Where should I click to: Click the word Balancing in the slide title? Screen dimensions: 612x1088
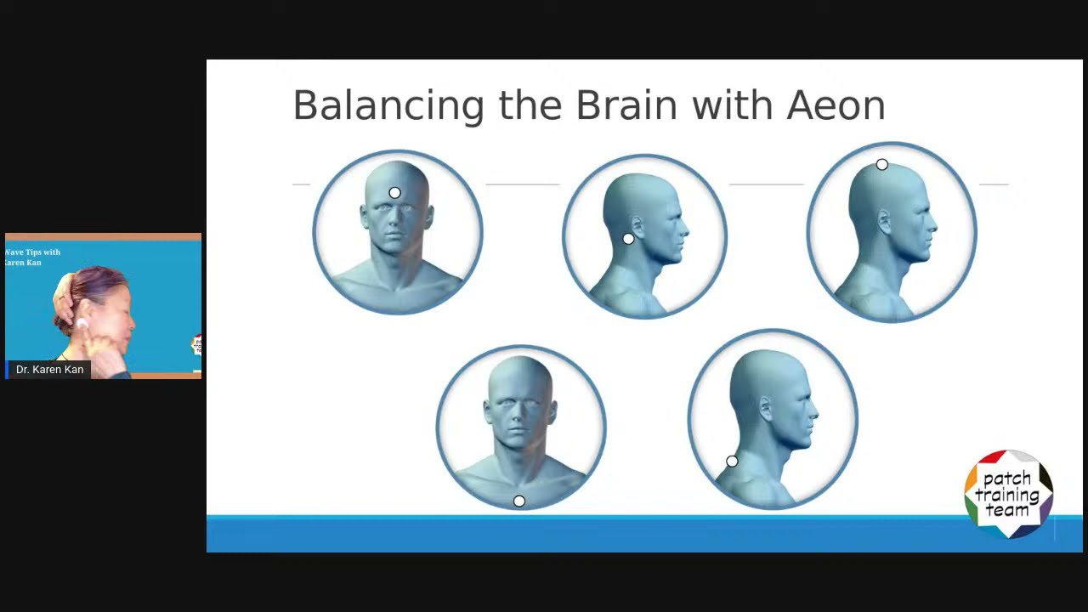[x=388, y=106]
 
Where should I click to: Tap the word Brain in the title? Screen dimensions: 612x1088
[x=626, y=106]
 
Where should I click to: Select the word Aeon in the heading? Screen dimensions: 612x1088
[x=836, y=106]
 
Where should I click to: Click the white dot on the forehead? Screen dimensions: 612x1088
[x=394, y=193]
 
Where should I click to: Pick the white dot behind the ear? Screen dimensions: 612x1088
[x=628, y=240]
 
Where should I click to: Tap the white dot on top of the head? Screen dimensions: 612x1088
[x=881, y=165]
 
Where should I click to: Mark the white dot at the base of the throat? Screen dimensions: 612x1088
[x=519, y=501]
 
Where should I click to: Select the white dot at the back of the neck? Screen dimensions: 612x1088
[x=732, y=462]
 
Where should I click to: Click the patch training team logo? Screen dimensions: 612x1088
[x=1008, y=494]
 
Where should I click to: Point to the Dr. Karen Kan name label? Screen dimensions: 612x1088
[x=49, y=370]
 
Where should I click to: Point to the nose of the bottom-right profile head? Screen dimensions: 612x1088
[x=813, y=416]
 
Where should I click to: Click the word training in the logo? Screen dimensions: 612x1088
[x=1008, y=494]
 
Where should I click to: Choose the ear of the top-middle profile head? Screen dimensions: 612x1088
[x=636, y=226]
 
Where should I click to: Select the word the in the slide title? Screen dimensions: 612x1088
[x=530, y=106]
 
